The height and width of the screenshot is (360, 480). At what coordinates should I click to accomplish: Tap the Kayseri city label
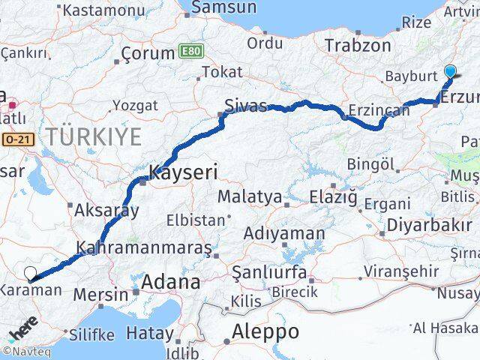(184, 172)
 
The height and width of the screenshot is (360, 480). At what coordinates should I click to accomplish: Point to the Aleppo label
(265, 331)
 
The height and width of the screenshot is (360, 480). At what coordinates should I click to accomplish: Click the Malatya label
(250, 197)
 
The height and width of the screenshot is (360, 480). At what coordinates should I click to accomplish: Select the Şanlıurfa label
(268, 271)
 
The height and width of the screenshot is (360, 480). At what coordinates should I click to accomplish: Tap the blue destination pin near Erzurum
(450, 72)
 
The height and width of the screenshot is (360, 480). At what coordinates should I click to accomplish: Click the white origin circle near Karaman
(30, 274)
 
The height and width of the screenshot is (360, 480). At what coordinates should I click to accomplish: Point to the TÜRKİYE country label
(93, 137)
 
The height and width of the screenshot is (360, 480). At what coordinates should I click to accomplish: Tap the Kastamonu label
(104, 10)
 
